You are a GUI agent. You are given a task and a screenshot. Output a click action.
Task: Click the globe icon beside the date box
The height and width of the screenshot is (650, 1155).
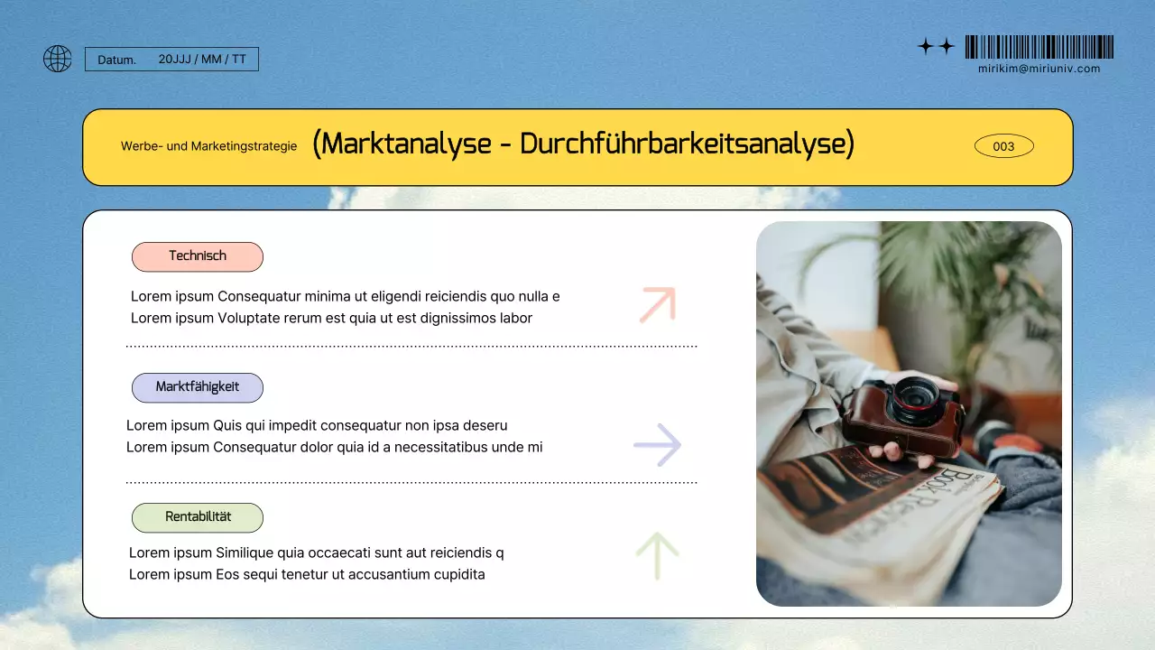point(58,59)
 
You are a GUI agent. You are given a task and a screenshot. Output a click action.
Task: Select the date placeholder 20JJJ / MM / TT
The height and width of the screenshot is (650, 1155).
point(202,60)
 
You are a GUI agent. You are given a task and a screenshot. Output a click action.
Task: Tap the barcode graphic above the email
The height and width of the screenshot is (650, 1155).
point(1039,47)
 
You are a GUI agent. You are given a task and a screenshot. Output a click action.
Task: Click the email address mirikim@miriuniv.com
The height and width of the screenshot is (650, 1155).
point(1039,69)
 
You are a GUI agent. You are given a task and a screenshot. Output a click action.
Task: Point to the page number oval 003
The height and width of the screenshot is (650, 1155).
point(1003,146)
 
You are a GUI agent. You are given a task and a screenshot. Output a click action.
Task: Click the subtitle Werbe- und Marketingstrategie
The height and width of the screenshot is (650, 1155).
point(208,146)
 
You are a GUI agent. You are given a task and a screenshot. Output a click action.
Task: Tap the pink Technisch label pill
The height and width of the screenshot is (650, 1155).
point(198,256)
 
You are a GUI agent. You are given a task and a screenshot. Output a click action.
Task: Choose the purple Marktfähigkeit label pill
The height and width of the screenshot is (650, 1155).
point(198,387)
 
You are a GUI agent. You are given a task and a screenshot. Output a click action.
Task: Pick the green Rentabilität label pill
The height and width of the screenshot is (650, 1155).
point(198,517)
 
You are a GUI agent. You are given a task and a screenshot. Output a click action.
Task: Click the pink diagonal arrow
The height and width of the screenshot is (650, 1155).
point(658,304)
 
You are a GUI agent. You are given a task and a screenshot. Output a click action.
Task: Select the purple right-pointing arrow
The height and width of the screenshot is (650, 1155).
point(658,444)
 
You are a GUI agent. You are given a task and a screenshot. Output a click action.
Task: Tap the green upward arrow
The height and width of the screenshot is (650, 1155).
point(657,555)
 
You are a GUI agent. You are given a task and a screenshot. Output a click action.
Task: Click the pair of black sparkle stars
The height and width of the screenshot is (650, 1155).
point(936,47)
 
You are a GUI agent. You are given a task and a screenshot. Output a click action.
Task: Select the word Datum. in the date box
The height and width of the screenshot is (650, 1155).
point(117,60)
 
